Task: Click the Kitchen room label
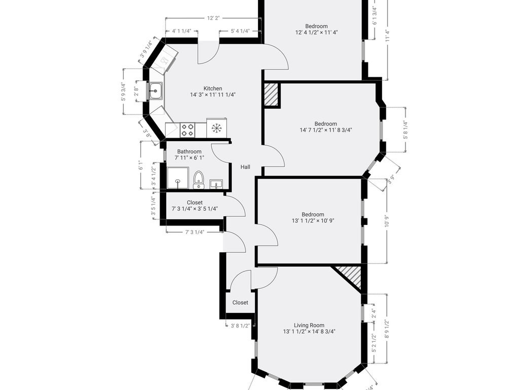tap(213, 88)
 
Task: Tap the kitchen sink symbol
tap(155, 91)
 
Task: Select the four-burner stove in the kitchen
tap(188, 129)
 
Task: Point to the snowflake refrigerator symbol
tap(217, 127)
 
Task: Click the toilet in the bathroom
tap(199, 179)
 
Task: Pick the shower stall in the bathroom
tap(178, 178)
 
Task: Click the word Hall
tap(245, 167)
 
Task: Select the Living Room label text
tap(309, 326)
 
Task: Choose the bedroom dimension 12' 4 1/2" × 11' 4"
tap(316, 32)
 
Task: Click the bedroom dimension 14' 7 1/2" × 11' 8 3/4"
tap(325, 130)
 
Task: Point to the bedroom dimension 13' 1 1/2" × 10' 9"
tap(313, 221)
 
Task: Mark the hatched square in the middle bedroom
tap(272, 95)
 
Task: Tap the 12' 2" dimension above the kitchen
tap(213, 18)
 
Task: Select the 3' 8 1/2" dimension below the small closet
tap(240, 326)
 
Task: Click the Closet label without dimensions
tap(240, 303)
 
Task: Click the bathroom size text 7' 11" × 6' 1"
tap(189, 158)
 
